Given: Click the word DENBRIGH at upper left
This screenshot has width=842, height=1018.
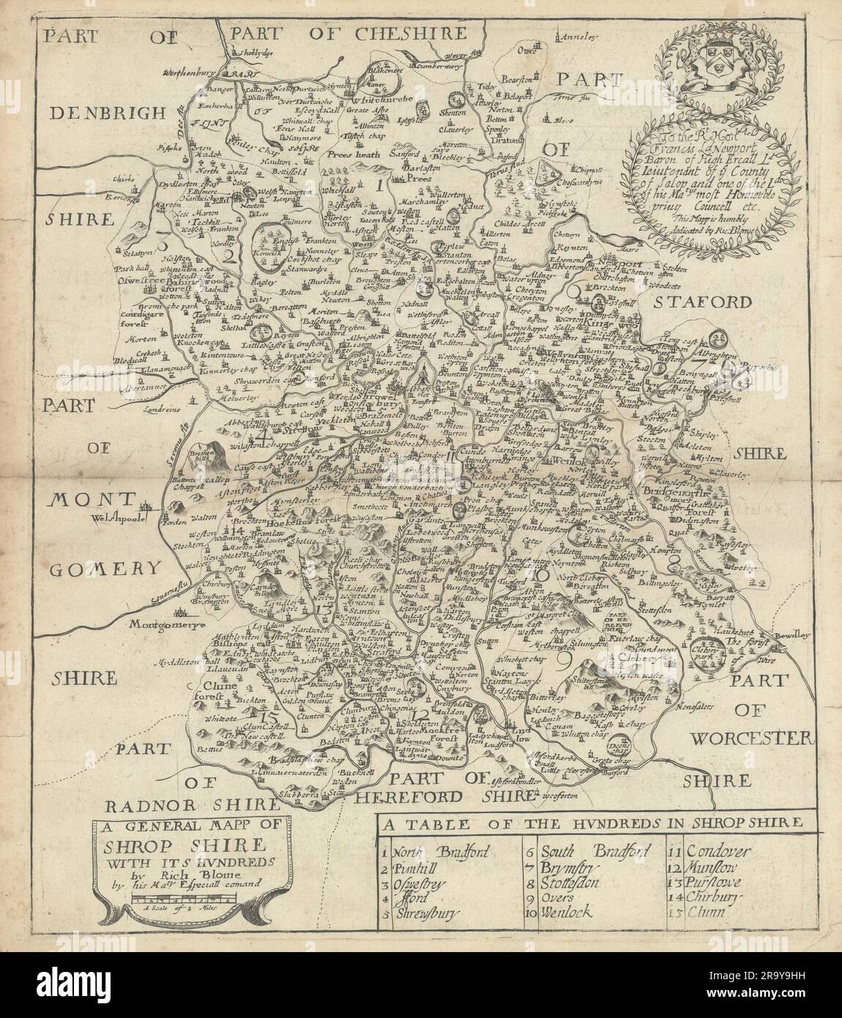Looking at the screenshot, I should coord(102,112).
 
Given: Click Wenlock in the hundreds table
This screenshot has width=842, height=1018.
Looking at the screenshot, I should coord(567,913).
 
